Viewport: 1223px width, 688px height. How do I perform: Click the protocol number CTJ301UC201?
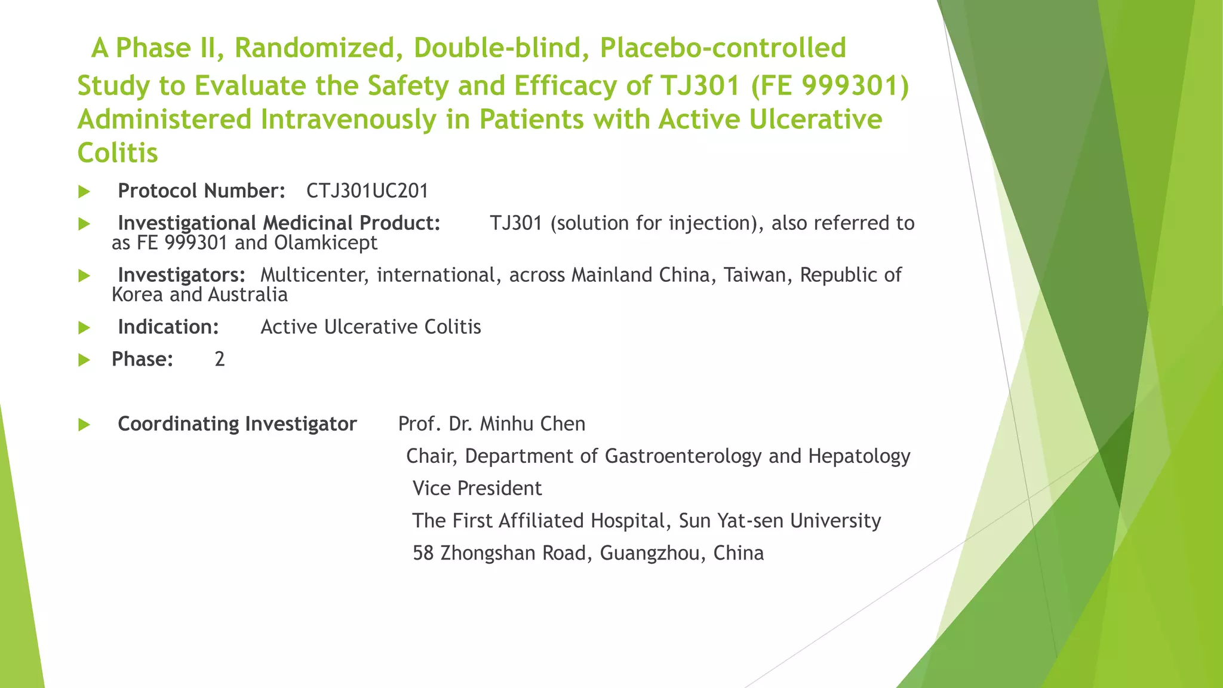click(367, 191)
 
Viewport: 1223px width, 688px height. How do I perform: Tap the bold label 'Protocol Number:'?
click(201, 191)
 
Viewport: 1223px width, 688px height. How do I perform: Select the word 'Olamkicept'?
click(325, 243)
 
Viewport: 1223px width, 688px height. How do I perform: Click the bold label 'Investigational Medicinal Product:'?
click(279, 223)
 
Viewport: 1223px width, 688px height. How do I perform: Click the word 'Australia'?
click(248, 295)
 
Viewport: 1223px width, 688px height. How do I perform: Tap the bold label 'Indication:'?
click(168, 327)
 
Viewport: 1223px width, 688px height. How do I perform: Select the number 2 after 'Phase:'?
click(220, 360)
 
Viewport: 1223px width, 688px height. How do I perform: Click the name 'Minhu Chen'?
click(533, 424)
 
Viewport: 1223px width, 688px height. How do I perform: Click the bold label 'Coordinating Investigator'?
click(237, 424)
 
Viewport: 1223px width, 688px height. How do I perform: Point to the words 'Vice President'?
click(477, 489)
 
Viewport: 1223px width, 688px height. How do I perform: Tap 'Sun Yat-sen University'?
click(779, 521)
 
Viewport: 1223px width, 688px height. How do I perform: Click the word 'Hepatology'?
click(859, 456)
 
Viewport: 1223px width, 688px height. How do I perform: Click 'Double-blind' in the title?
click(497, 48)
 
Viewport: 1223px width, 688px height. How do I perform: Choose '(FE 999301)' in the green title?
click(829, 85)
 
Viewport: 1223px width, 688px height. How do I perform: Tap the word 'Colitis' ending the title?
click(118, 153)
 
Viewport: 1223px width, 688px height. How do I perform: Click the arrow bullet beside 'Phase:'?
click(84, 360)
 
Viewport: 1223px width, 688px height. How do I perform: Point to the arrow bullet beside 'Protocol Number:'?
click(84, 192)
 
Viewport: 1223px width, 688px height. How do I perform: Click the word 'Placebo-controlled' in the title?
click(723, 48)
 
